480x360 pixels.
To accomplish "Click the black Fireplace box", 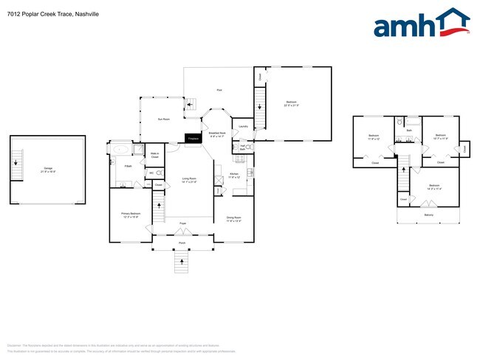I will (x=193, y=138).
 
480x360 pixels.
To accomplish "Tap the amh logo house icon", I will (x=451, y=22).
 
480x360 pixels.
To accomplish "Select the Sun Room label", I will (x=164, y=119).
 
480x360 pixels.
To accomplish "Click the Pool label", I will (x=219, y=91).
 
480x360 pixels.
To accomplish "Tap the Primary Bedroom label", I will (x=130, y=215).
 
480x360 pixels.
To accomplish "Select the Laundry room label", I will (x=243, y=126).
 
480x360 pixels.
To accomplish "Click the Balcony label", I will (x=428, y=215).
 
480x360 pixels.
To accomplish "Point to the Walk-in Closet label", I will (x=154, y=155).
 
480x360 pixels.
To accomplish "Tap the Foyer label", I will (x=182, y=222).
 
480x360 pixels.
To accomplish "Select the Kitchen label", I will (x=234, y=176).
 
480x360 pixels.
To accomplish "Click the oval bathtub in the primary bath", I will (x=120, y=149).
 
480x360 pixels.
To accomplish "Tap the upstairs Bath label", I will (x=409, y=130).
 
